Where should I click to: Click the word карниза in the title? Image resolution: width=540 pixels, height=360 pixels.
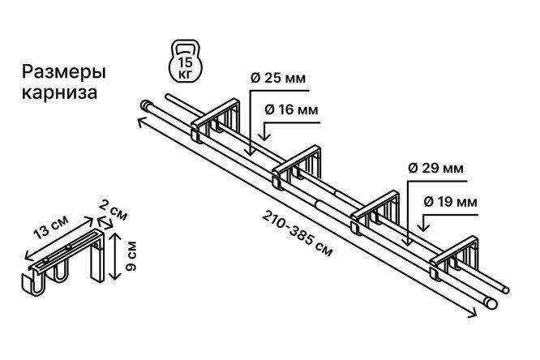tap(59, 92)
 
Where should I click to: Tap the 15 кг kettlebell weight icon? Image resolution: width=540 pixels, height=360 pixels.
tap(186, 61)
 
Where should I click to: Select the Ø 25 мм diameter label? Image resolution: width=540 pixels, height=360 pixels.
tap(278, 78)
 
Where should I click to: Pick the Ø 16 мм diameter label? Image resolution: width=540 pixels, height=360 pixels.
tap(291, 110)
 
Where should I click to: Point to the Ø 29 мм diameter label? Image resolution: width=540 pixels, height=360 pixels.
tap(435, 169)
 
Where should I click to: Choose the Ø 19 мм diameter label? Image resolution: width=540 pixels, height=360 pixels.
tap(450, 202)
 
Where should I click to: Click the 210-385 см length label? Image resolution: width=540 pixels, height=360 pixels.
tap(298, 234)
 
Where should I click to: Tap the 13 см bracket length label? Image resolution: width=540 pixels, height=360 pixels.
tap(51, 226)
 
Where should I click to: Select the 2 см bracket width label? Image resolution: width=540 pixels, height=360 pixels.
tap(113, 210)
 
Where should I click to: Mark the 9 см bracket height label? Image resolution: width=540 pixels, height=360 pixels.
tap(131, 256)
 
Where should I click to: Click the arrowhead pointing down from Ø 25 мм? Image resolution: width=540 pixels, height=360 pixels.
tap(250, 152)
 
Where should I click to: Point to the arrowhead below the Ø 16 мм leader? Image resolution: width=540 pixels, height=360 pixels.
tap(264, 137)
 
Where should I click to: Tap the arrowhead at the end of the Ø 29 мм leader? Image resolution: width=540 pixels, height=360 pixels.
tap(408, 242)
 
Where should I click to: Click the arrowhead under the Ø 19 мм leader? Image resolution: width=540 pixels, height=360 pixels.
tap(423, 227)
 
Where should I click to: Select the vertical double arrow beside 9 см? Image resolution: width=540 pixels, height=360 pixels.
tap(114, 255)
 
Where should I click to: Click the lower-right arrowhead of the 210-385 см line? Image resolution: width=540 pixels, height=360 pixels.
tap(473, 313)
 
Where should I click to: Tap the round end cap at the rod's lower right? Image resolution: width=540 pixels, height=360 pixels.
tap(491, 303)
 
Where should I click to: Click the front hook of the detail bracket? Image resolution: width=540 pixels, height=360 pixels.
tap(33, 285)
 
